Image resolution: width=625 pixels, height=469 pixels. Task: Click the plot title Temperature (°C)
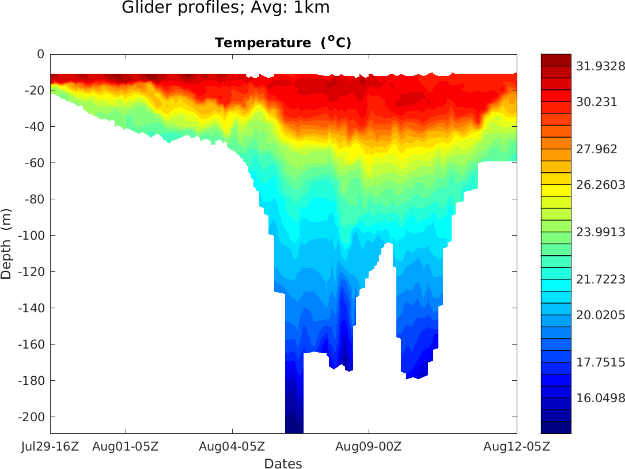[283, 43]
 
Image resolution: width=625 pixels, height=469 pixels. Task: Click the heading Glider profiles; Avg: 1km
[226, 8]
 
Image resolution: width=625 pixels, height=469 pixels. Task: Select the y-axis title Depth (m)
[6, 244]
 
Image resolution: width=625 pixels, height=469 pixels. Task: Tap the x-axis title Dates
[283, 463]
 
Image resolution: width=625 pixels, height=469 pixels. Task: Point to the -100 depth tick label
[32, 236]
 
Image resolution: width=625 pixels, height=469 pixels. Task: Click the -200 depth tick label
[32, 417]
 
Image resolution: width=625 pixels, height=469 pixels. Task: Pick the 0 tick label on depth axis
[40, 54]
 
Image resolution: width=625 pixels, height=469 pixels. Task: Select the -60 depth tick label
[34, 163]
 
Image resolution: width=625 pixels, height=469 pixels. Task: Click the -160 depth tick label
[32, 345]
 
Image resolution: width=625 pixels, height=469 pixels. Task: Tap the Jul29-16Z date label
[51, 447]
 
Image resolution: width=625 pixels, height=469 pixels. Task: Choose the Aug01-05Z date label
[126, 447]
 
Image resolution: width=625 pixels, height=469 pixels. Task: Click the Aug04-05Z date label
[232, 447]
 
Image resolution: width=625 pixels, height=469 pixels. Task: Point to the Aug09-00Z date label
[369, 447]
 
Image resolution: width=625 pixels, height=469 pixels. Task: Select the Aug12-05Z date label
[516, 447]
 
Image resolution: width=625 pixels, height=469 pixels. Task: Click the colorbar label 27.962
[597, 149]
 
